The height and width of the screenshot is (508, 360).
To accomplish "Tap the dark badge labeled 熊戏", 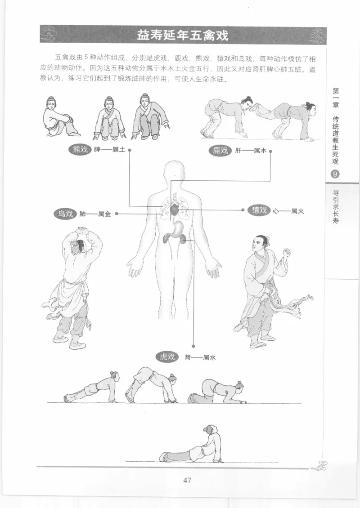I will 79,150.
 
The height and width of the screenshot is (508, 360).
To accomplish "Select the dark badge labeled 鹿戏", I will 220,150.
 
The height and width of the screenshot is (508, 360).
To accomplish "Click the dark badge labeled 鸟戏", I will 65,214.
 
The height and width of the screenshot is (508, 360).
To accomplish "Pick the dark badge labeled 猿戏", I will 259,210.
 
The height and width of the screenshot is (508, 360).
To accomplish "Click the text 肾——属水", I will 198,357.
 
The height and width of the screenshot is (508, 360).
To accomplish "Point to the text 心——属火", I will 288,210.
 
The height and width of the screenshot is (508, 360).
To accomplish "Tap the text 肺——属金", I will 95,214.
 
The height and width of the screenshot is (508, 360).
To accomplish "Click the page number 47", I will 187,480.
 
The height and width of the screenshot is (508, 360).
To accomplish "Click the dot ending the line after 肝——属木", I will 270,151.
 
